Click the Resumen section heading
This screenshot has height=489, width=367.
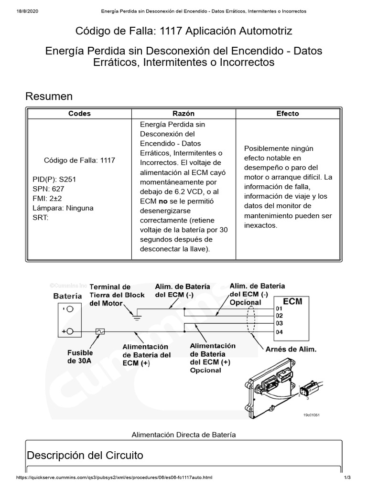tap(49, 96)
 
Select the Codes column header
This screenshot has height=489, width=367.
tap(79, 114)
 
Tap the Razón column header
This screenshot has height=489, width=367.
tap(183, 114)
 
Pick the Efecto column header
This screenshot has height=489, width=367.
tap(288, 114)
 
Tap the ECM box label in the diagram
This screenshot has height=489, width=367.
tap(292, 302)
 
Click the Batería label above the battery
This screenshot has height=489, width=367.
tap(67, 296)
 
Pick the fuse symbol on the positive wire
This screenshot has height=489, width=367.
tap(100, 331)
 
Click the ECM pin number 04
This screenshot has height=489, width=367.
tap(279, 332)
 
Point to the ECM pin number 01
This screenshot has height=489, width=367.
tap(279, 308)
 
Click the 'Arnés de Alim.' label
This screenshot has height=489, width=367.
tap(291, 350)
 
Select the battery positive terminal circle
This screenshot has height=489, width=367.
tap(70, 331)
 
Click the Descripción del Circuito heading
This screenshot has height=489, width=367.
tap(85, 455)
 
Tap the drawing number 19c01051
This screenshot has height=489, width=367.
tap(311, 415)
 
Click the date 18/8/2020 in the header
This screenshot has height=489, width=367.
tap(27, 11)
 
